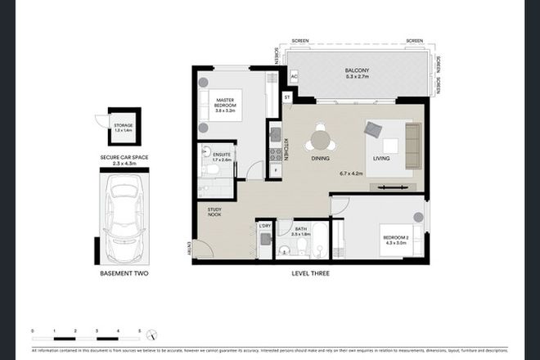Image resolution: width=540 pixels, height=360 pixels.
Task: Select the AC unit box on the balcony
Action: pyautogui.click(x=293, y=77)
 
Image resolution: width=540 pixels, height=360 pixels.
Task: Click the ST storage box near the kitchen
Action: pyautogui.click(x=287, y=97)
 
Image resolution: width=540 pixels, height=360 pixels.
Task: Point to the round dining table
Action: pyautogui.click(x=317, y=139)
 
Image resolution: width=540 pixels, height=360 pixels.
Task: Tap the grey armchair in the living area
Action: pyautogui.click(x=375, y=129)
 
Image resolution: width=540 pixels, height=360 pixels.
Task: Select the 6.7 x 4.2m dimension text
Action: pyautogui.click(x=355, y=173)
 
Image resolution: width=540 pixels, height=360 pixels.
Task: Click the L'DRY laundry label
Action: pyautogui.click(x=264, y=225)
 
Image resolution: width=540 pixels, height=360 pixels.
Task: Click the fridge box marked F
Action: pyautogui.click(x=276, y=169)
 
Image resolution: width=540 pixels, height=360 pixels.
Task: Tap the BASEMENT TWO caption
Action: pyautogui.click(x=119, y=272)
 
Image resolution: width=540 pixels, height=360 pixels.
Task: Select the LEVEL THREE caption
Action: pyautogui.click(x=310, y=272)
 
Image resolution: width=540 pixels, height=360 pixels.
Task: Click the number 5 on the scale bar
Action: pyautogui.click(x=140, y=331)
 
